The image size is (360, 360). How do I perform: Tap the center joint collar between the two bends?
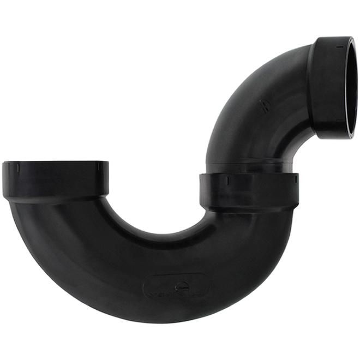pyautogui.click(x=249, y=191)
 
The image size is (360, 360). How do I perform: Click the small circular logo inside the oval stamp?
pyautogui.click(x=182, y=284)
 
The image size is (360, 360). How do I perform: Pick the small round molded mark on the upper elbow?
pyautogui.click(x=263, y=106)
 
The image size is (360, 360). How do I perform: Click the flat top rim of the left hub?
pyautogui.click(x=55, y=163)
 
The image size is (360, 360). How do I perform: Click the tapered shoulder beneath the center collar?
pyautogui.click(x=249, y=210)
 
